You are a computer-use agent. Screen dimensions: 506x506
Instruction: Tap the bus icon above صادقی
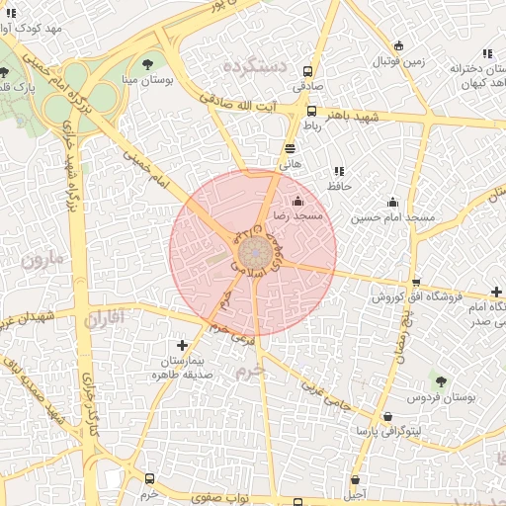tap(307, 71)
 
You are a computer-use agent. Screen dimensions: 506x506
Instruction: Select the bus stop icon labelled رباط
tap(312, 111)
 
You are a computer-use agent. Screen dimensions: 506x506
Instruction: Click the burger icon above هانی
tap(290, 148)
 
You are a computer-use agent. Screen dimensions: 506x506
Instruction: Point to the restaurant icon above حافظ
tap(339, 171)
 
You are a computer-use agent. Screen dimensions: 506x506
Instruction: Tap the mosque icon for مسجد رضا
tap(298, 201)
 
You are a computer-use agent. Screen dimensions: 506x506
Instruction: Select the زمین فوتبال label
tap(398, 61)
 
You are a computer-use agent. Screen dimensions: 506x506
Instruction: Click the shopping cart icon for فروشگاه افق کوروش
tap(415, 282)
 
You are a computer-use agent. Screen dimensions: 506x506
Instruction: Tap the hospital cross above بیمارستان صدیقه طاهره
tap(182, 345)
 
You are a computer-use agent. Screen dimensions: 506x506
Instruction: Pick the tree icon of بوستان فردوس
tap(441, 380)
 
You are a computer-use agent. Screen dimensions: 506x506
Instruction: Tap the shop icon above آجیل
tap(354, 479)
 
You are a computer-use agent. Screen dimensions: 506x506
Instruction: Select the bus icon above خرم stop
tap(149, 478)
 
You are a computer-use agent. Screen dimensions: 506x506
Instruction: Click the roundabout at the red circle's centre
tap(253, 251)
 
